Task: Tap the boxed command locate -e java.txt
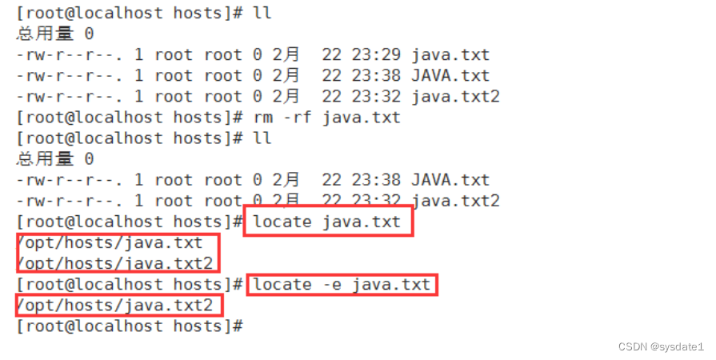[342, 285]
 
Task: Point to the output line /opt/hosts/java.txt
[110, 242]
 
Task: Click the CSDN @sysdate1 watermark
[660, 346]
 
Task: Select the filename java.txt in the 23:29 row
[450, 55]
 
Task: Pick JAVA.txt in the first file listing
[450, 76]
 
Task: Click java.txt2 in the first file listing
[455, 97]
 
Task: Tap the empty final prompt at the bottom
[128, 326]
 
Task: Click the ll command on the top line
[262, 14]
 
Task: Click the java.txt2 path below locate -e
[115, 306]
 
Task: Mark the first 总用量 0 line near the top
[54, 34]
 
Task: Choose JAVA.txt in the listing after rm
[450, 180]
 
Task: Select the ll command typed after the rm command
[262, 138]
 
